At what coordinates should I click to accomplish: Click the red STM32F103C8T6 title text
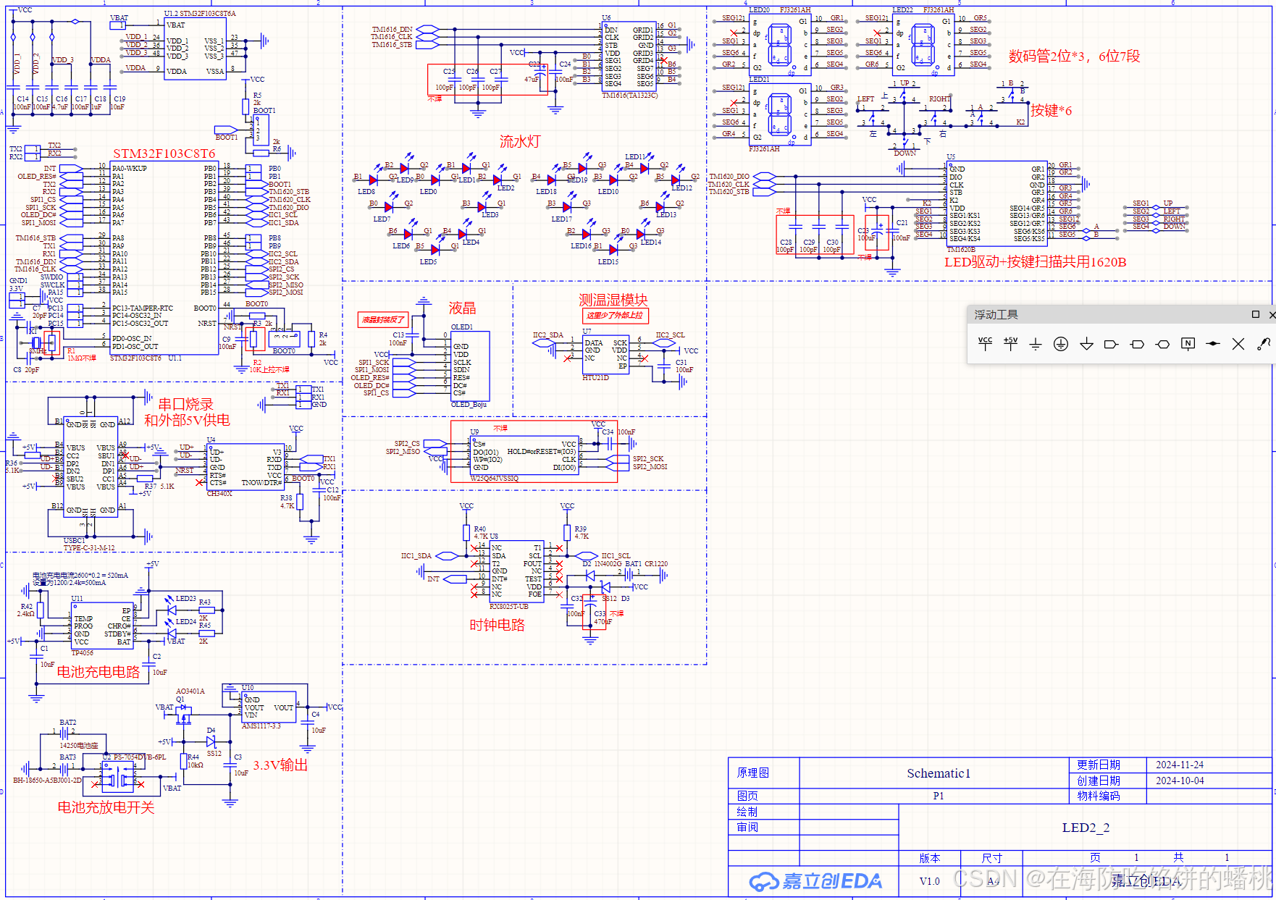[x=164, y=153]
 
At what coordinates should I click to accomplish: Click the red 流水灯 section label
[x=519, y=141]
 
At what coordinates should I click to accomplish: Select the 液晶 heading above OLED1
[x=462, y=308]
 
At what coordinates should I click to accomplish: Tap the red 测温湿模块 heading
[x=613, y=300]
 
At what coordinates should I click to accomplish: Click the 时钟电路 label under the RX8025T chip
[x=497, y=625]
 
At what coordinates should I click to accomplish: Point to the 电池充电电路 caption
[x=98, y=672]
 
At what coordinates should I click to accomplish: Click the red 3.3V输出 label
[x=280, y=765]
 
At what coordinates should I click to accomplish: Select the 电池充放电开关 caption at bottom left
[x=106, y=807]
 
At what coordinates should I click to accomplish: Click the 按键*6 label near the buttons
[x=1051, y=111]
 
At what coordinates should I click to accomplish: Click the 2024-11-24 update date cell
[x=1179, y=765]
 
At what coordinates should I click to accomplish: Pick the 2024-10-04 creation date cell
[x=1179, y=781]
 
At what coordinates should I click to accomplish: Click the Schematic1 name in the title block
[x=938, y=773]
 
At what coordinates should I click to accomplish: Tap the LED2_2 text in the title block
[x=1085, y=828]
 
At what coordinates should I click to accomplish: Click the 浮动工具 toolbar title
[x=996, y=314]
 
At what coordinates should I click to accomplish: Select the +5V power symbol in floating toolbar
[x=1010, y=344]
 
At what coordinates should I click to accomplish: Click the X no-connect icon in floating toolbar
[x=1238, y=344]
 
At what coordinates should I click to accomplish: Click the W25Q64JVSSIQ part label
[x=495, y=479]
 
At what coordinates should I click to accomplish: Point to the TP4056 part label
[x=82, y=652]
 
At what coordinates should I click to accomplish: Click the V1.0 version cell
[x=929, y=881]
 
